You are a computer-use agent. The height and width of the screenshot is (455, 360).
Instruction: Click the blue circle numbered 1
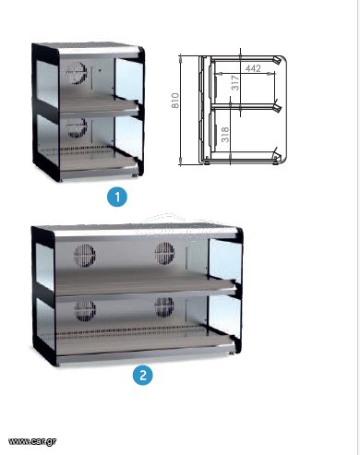[117, 197]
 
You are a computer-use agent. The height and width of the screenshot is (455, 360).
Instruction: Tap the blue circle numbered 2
[142, 375]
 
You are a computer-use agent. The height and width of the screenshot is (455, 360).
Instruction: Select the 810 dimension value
[174, 101]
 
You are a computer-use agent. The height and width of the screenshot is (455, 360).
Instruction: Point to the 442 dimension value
[253, 68]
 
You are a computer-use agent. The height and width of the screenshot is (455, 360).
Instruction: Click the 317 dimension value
[235, 82]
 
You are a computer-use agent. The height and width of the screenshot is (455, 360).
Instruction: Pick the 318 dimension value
[225, 135]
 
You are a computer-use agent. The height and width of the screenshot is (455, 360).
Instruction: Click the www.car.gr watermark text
[32, 441]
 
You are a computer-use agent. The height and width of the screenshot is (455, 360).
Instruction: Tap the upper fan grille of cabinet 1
[77, 73]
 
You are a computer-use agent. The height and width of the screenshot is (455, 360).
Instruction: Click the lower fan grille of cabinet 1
[77, 127]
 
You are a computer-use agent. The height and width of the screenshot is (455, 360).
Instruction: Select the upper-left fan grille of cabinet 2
[85, 256]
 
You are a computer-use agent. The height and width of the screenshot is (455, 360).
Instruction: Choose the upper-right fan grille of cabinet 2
[164, 254]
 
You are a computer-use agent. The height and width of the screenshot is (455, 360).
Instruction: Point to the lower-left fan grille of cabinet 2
[85, 311]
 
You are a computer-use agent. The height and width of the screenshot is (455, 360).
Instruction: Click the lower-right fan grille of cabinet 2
[164, 307]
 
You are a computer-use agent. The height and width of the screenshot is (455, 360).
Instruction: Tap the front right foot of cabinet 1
[135, 175]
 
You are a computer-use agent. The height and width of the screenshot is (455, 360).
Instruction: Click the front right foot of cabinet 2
[231, 353]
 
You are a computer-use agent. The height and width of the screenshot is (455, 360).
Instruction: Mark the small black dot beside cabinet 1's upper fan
[100, 70]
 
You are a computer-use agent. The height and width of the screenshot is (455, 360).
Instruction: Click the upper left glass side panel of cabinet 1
[47, 83]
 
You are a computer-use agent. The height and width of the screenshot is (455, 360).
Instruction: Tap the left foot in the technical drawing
[208, 162]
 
